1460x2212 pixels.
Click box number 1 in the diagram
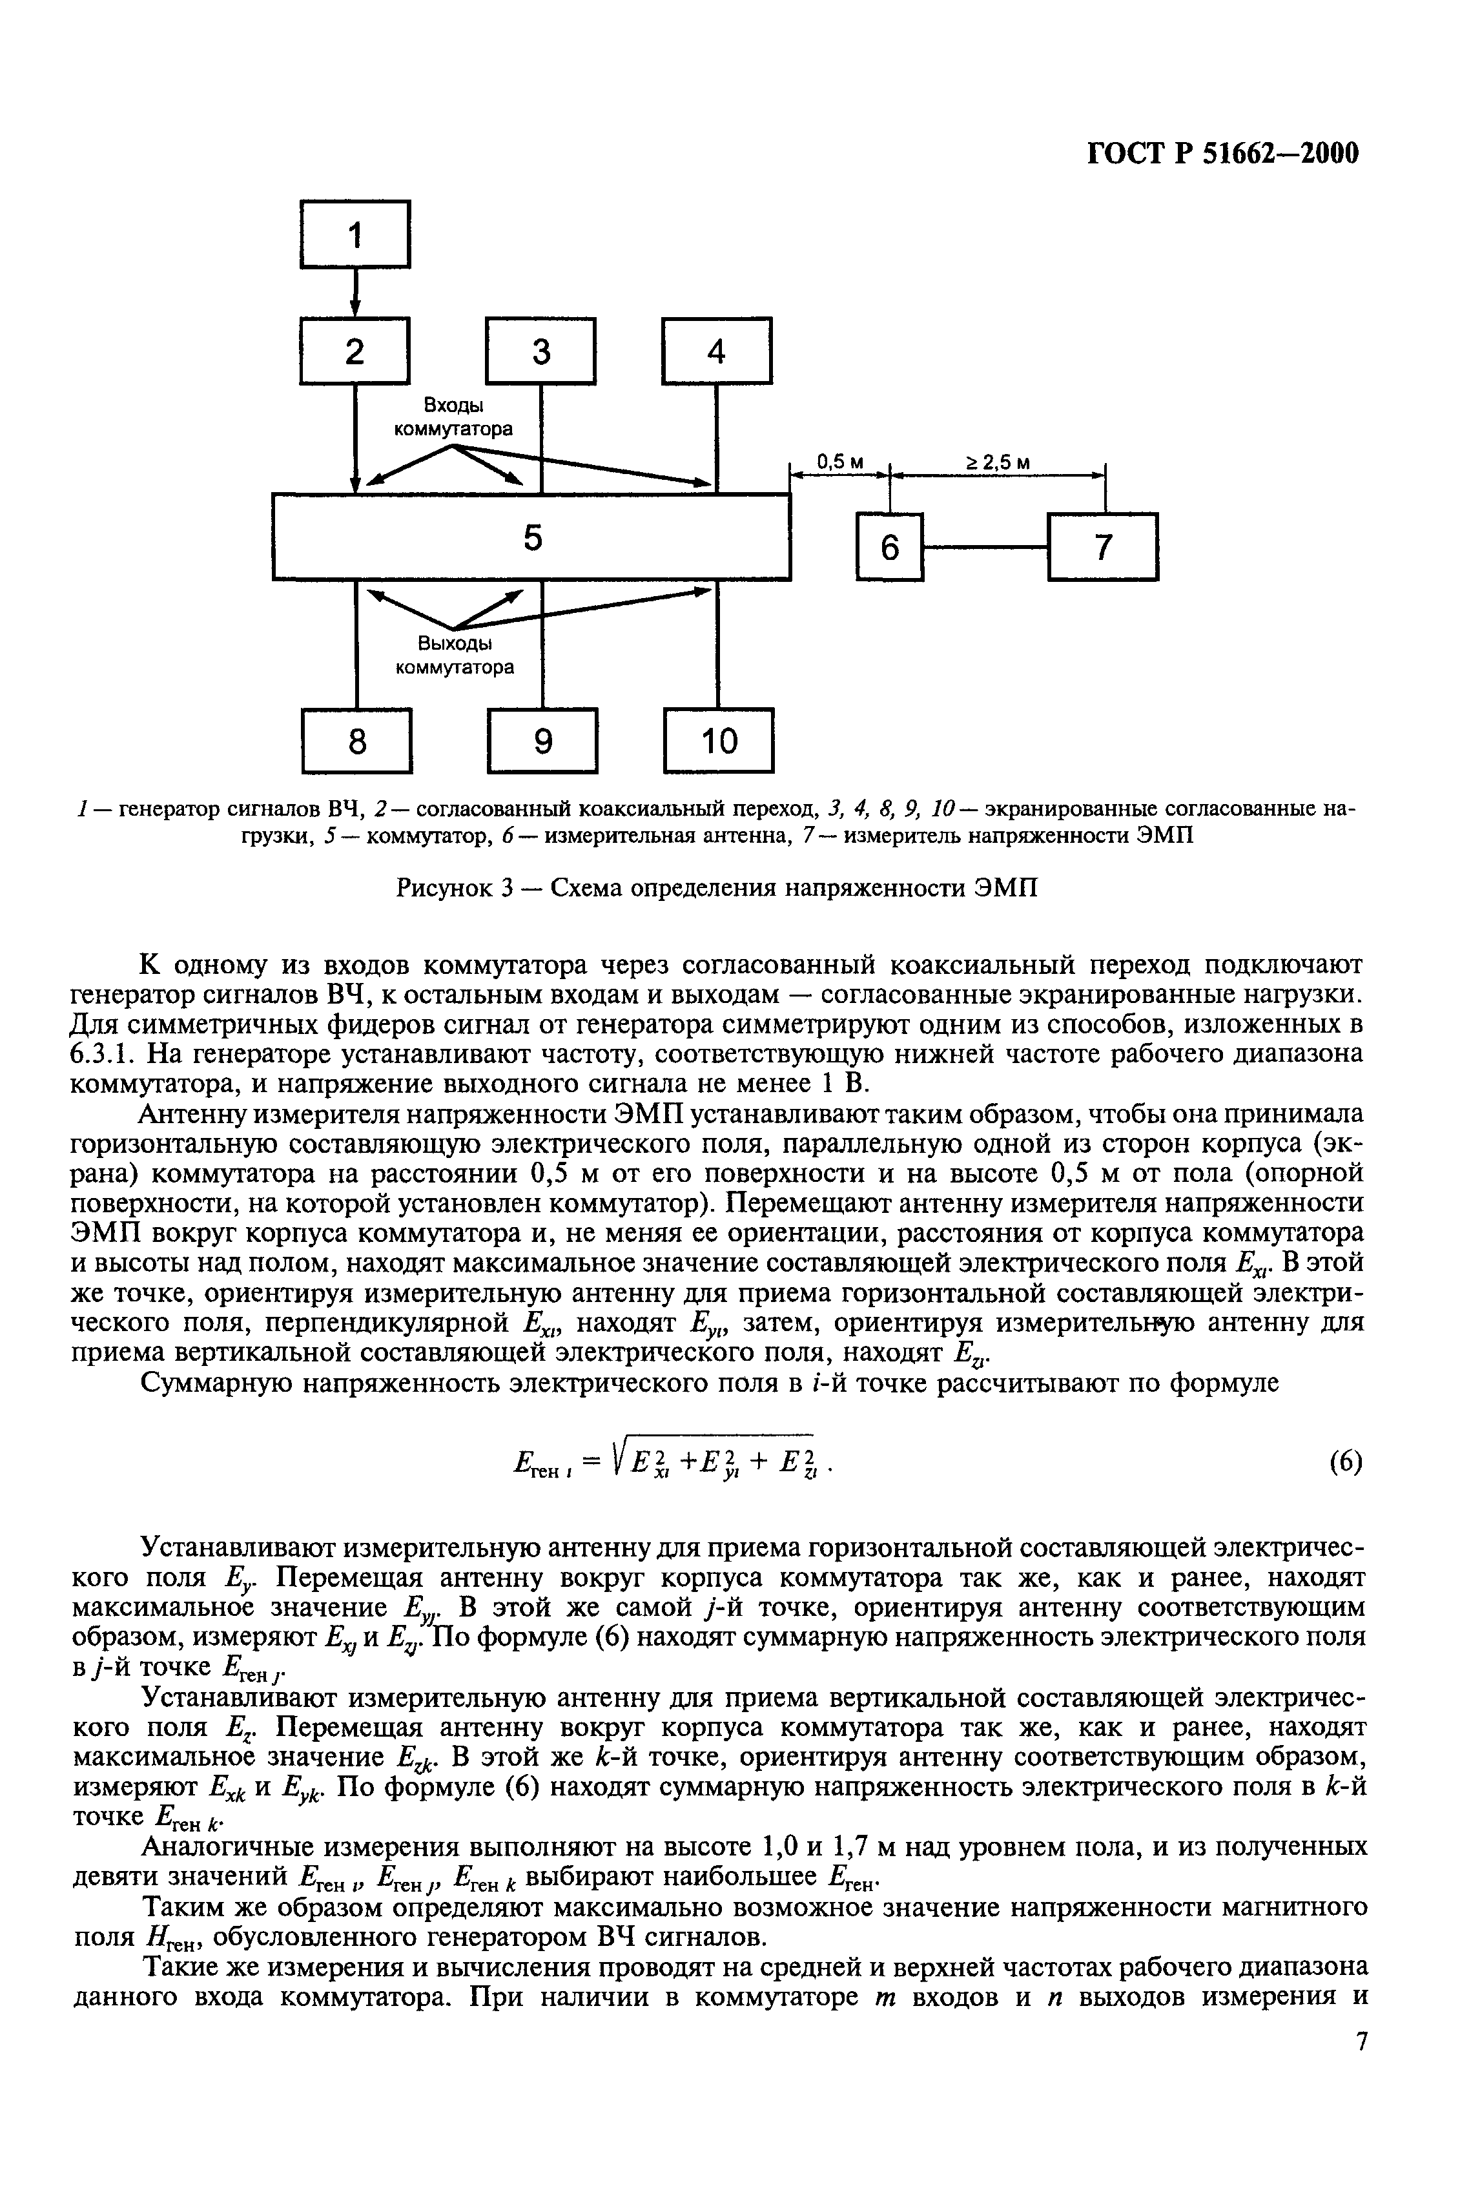(354, 234)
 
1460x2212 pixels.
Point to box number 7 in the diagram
(1104, 547)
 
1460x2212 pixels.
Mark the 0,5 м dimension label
(841, 462)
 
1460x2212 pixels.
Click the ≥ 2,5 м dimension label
(997, 462)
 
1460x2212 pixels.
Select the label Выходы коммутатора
(455, 656)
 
